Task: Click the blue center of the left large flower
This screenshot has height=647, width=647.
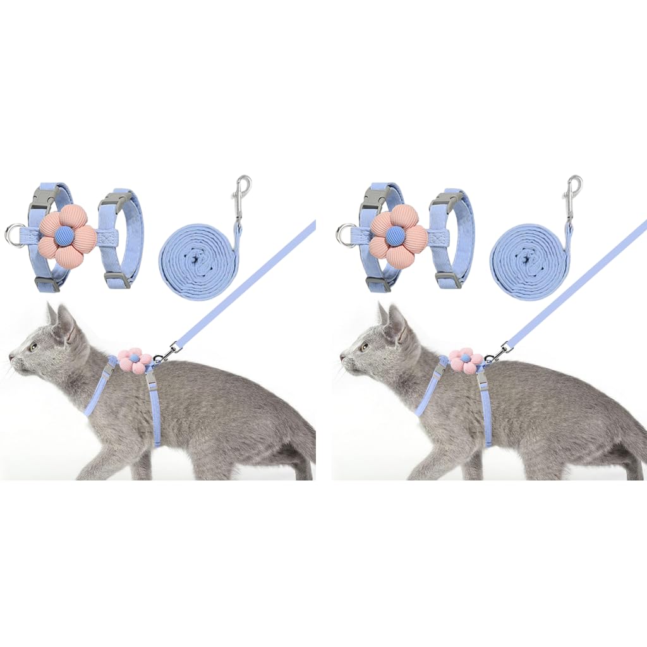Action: (65, 237)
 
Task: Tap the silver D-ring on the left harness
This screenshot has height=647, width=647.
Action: (15, 236)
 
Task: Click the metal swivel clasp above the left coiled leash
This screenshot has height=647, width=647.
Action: (243, 190)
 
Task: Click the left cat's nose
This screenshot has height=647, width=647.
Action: (11, 358)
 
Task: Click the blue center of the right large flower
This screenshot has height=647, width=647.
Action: (396, 237)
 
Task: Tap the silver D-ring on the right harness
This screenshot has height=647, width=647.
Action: (346, 236)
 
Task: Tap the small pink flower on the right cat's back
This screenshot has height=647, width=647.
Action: (466, 360)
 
